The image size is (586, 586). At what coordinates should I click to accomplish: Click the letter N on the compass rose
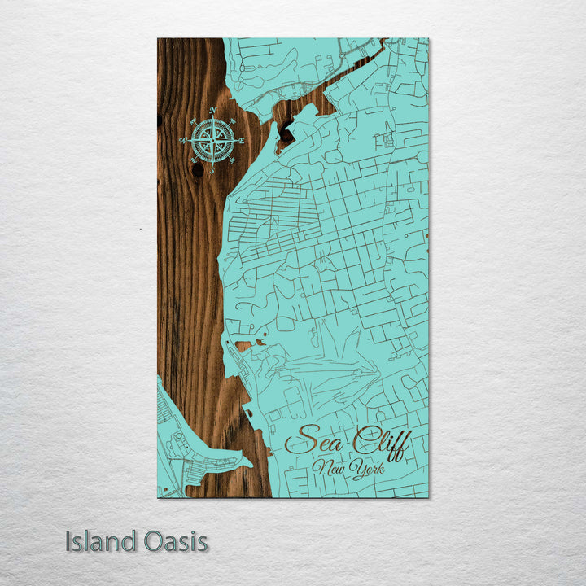(x=212, y=110)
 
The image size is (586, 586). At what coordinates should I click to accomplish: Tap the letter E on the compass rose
(x=242, y=140)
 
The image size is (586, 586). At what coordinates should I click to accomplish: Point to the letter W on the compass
(x=182, y=141)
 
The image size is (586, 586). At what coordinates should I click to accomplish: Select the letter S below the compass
(x=212, y=171)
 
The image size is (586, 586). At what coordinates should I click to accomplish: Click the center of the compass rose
(x=212, y=140)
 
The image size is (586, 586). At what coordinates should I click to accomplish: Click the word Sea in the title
(x=314, y=443)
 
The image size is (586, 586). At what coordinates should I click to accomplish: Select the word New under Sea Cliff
(x=333, y=469)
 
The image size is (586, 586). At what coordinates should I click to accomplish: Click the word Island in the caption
(x=101, y=541)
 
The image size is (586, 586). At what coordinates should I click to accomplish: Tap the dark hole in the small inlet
(x=286, y=128)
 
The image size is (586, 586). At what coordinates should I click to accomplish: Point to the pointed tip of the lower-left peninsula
(x=251, y=466)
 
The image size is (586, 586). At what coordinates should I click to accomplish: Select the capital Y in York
(x=356, y=470)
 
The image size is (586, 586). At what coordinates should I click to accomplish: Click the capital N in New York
(x=323, y=469)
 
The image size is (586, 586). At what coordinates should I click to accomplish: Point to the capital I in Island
(x=69, y=541)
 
